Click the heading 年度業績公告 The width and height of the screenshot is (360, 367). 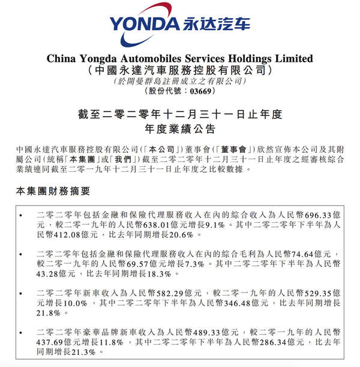tap(180, 129)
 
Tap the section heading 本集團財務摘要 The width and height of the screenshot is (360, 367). tap(52, 191)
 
